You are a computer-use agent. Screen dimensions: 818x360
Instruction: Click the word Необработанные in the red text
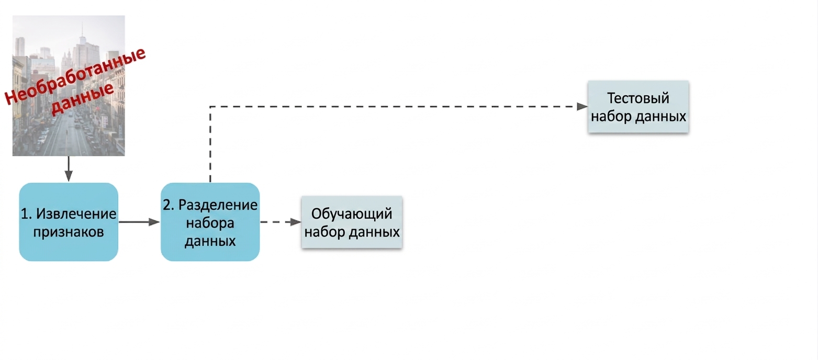(x=75, y=75)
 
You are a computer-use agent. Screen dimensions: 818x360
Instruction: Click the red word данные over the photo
(x=83, y=98)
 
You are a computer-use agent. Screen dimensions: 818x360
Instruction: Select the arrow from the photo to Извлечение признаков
(x=69, y=168)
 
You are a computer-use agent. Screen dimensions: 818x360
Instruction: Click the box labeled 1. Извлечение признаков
(x=69, y=222)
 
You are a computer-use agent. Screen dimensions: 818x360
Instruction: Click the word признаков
(x=69, y=231)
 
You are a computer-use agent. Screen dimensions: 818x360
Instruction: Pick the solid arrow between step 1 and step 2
(x=139, y=222)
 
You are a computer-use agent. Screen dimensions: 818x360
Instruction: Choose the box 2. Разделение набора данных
(x=210, y=222)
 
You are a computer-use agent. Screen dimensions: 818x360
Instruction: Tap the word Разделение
(x=218, y=205)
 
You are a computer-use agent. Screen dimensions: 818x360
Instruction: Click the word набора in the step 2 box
(x=210, y=223)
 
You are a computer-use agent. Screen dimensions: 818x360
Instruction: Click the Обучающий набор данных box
(x=352, y=222)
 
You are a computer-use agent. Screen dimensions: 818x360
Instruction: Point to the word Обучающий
(x=352, y=214)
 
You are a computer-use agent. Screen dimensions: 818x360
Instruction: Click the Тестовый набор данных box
(x=638, y=107)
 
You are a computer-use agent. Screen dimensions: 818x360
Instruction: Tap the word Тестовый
(x=638, y=98)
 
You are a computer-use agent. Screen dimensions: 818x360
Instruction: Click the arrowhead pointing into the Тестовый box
(x=582, y=107)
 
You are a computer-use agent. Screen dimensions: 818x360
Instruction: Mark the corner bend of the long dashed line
(x=210, y=107)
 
